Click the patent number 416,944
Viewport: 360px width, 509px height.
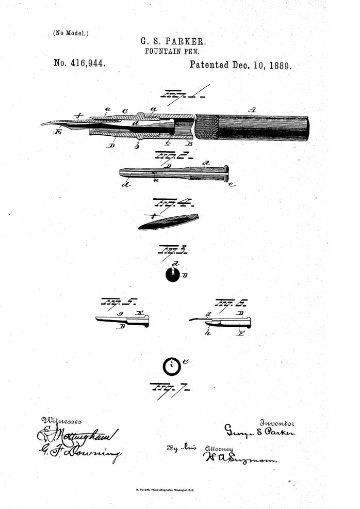pyautogui.click(x=79, y=63)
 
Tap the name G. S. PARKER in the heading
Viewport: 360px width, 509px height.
pyautogui.click(x=173, y=41)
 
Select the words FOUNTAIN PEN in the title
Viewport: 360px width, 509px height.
pyautogui.click(x=172, y=52)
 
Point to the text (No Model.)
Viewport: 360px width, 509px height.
pyautogui.click(x=71, y=33)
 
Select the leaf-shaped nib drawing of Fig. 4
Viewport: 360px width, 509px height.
pyautogui.click(x=168, y=221)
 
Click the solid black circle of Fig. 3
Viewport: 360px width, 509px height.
pyautogui.click(x=173, y=275)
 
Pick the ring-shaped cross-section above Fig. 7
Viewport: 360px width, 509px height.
pyautogui.click(x=171, y=367)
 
